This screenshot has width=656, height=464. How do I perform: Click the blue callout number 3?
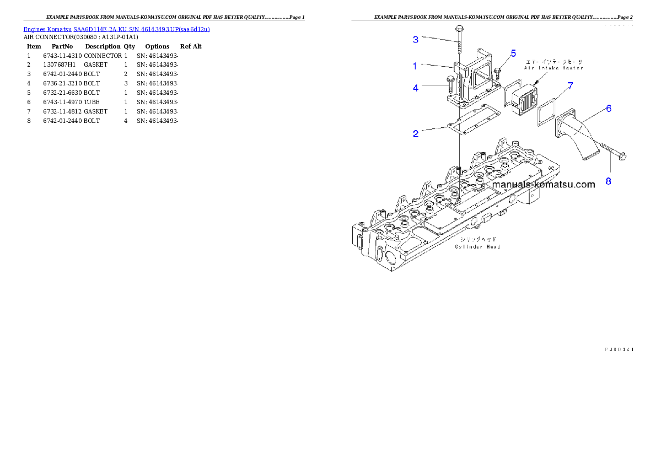(x=416, y=39)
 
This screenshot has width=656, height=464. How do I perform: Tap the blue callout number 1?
(x=416, y=66)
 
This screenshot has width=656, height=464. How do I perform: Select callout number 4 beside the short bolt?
(x=416, y=87)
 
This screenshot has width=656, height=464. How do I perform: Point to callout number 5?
(x=513, y=53)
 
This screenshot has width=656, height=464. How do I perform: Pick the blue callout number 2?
(x=416, y=134)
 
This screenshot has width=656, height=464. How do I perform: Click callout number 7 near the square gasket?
(x=571, y=85)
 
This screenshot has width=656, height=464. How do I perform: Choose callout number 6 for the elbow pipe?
(x=609, y=109)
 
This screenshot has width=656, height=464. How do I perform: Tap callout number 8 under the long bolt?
(x=609, y=181)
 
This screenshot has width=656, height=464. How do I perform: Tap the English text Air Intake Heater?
(x=553, y=68)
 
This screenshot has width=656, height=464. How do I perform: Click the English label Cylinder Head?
(x=477, y=247)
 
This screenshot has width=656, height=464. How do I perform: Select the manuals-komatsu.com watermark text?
(x=543, y=185)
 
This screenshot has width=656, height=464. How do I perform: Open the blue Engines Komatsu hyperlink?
(x=116, y=29)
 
